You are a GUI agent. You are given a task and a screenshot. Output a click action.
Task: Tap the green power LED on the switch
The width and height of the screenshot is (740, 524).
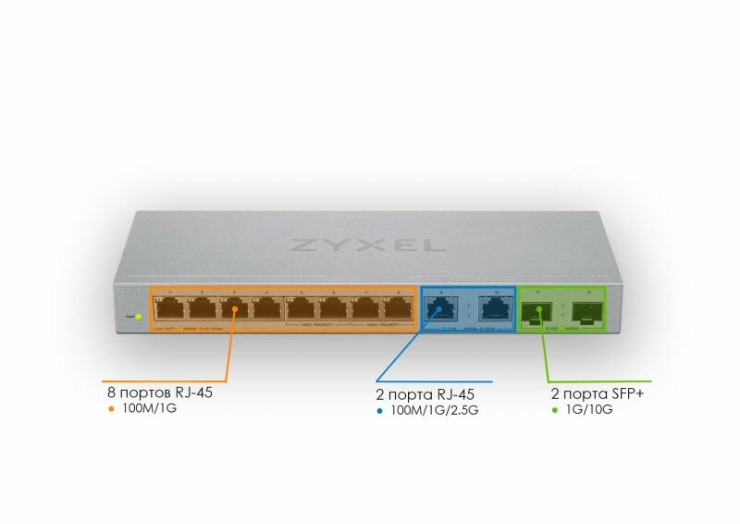click(138, 317)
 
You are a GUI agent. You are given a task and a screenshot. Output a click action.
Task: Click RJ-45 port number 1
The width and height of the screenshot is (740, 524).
click(170, 310)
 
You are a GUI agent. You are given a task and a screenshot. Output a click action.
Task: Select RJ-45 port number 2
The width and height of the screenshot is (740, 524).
click(203, 310)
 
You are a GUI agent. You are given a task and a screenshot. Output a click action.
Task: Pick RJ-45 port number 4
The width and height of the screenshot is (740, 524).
click(267, 310)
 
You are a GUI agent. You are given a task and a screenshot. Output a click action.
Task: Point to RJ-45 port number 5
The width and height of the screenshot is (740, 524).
click(301, 310)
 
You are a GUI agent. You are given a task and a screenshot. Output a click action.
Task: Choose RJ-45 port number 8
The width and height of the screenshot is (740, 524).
click(398, 310)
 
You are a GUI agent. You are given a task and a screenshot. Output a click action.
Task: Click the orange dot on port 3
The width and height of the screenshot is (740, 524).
click(235, 309)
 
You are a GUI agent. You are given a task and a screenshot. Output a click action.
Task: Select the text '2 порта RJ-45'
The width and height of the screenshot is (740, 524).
click(419, 394)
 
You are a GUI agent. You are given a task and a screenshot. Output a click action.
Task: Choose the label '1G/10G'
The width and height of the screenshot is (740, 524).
click(588, 409)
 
